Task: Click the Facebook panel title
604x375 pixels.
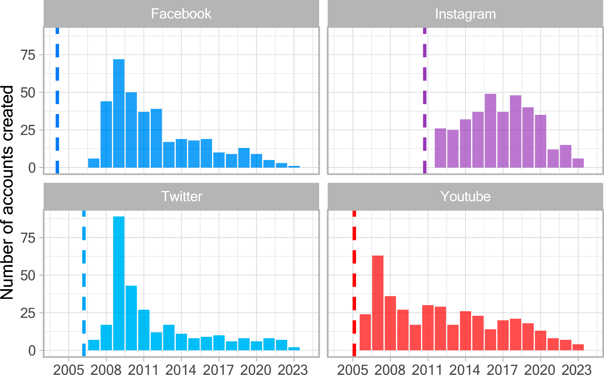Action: pos(181,14)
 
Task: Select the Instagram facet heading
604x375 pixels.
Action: pos(465,14)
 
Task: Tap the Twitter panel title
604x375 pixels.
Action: pos(182,196)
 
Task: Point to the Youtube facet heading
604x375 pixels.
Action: pos(465,196)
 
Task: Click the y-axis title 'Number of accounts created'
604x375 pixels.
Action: pos(7,192)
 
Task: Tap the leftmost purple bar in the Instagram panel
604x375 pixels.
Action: pos(440,148)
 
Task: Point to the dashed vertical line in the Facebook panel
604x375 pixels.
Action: pos(57,100)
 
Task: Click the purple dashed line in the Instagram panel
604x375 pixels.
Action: pos(425,100)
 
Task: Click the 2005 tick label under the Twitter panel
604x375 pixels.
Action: pos(69,370)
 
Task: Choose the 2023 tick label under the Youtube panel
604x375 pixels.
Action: pos(578,370)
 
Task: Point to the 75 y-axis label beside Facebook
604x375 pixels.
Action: pos(28,55)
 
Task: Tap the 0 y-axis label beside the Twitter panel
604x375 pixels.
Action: pos(32,351)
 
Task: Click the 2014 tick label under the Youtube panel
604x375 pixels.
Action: pos(465,370)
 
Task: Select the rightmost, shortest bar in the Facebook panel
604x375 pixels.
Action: pos(294,166)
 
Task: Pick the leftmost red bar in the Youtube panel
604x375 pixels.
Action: pos(365,332)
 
